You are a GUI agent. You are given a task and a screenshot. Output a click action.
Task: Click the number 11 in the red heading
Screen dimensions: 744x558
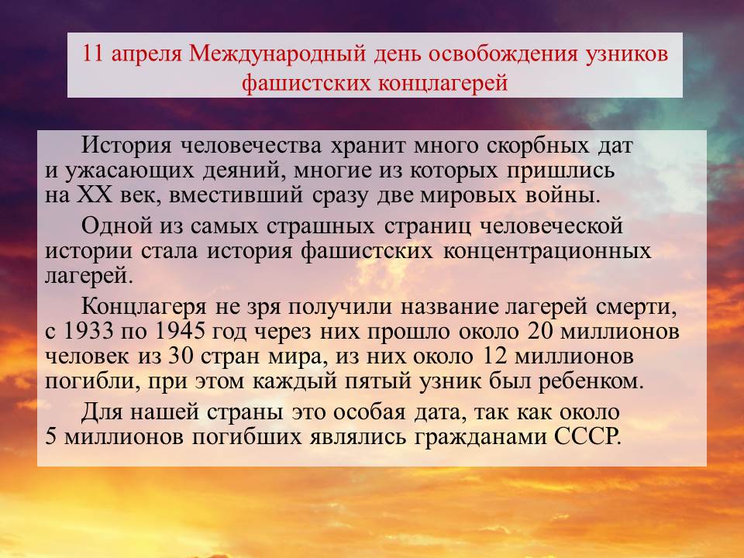pos(93,53)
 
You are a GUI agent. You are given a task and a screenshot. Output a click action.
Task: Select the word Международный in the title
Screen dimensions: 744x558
pos(277,54)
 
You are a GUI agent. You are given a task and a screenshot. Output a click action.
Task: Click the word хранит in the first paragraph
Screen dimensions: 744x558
pos(367,146)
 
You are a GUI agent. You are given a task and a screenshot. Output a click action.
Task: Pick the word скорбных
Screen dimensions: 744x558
pos(538,146)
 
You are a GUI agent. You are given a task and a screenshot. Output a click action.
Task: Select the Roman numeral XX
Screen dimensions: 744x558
pos(95,195)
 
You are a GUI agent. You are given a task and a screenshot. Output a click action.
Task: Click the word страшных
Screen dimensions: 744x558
pos(320,226)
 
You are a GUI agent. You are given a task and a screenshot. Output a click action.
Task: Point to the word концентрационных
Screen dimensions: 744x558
pos(547,251)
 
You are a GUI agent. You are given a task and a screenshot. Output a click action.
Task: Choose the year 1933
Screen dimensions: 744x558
pos(88,331)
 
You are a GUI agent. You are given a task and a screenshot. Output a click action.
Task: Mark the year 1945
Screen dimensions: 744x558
pos(181,331)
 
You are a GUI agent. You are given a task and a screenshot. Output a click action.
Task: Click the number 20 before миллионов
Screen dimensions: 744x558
pos(540,331)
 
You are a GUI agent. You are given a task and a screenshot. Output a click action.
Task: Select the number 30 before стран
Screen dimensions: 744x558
pos(181,356)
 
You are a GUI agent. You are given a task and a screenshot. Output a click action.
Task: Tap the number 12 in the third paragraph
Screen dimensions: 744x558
pos(494,356)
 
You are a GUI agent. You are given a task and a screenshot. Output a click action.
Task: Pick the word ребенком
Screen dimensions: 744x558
pos(591,381)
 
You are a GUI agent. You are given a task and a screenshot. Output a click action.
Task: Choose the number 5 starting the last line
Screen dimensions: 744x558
pos(51,436)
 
